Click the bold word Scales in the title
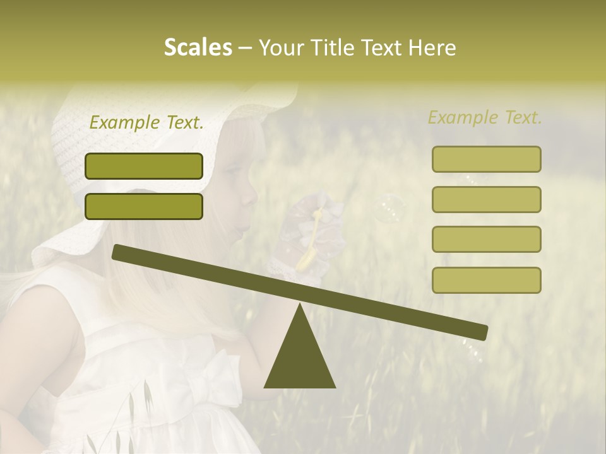point(198,47)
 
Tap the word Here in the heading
point(431,47)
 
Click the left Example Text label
point(146,123)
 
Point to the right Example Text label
point(485,117)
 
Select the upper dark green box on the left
point(144,166)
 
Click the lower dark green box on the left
point(144,206)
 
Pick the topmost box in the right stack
point(486,159)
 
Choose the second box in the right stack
point(486,199)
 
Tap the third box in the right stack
point(486,239)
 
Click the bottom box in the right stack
point(486,280)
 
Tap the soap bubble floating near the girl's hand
point(388,208)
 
